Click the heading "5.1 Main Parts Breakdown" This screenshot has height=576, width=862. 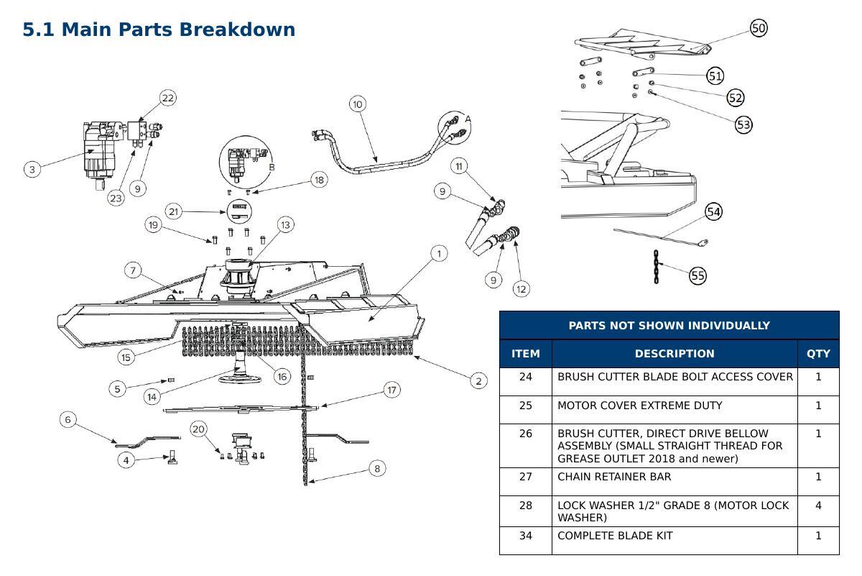point(159,29)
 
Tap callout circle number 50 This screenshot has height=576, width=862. point(759,28)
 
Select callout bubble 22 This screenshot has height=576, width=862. point(168,98)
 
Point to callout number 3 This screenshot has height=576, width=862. point(32,170)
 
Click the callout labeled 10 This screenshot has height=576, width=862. point(358,104)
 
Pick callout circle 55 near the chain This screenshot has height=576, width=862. point(698,276)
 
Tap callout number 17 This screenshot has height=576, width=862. point(391,390)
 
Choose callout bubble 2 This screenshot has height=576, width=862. point(478,381)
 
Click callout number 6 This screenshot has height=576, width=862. point(68,419)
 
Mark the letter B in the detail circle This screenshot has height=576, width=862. point(272,168)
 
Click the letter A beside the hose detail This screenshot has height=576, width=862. point(468,119)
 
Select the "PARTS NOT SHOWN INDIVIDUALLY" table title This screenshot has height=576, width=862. point(669,326)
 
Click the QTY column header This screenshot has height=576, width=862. point(818,354)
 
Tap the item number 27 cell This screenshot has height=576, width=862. point(526,477)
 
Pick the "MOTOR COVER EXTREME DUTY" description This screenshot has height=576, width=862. point(639,406)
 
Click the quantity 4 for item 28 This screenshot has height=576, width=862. point(818,505)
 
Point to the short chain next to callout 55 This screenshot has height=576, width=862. point(656,267)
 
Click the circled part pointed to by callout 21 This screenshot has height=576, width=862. point(239,211)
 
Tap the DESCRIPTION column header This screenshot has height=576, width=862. point(675,354)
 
